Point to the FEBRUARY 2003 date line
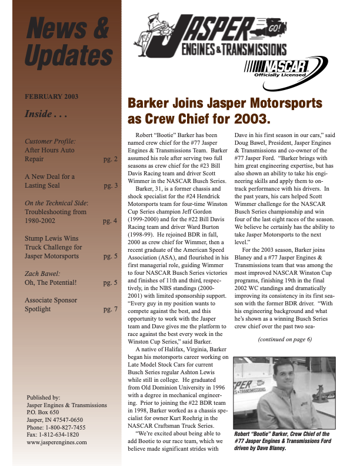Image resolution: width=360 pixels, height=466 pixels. [x=51, y=96]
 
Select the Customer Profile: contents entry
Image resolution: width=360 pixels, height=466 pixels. [x=50, y=141]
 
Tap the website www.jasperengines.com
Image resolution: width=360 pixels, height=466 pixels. [x=57, y=442]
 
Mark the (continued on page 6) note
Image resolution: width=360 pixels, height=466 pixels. [x=285, y=339]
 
